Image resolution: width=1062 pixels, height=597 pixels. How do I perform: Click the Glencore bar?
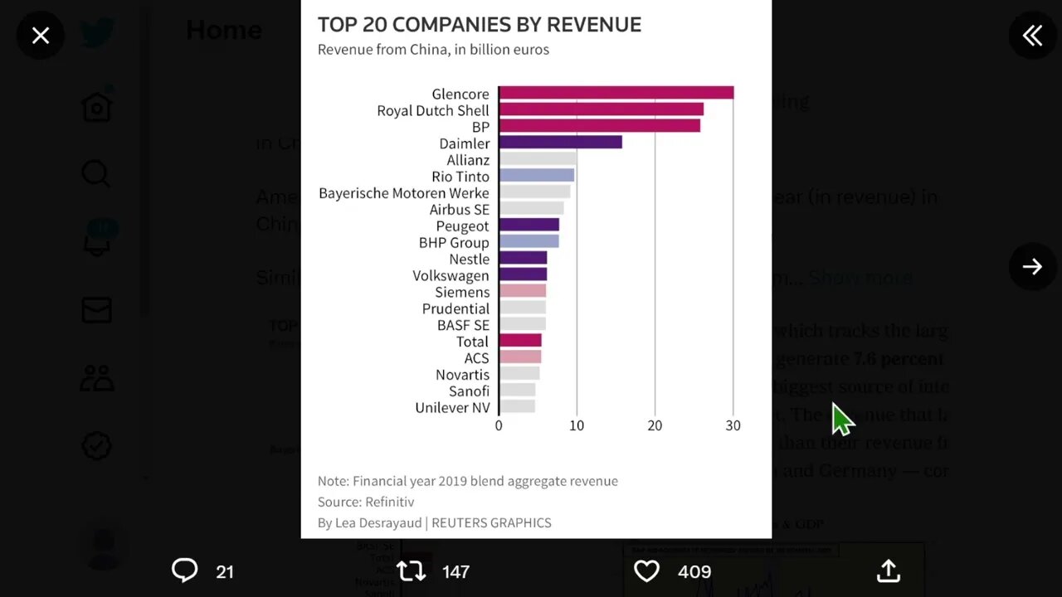[616, 93]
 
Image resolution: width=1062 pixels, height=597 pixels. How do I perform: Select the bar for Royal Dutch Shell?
[601, 109]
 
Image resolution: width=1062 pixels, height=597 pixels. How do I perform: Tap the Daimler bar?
[560, 143]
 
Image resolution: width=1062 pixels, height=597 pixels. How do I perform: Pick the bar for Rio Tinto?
[537, 176]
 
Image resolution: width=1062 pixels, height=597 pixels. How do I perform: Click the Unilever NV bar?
[517, 407]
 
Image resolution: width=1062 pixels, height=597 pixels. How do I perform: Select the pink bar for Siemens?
[523, 292]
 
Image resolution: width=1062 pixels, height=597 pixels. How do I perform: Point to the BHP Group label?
[454, 242]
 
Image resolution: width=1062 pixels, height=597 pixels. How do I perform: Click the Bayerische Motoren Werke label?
[404, 193]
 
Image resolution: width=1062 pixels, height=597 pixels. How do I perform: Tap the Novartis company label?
[462, 375]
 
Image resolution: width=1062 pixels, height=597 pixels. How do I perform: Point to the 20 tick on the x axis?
[655, 425]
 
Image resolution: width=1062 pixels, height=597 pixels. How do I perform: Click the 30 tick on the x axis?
[733, 425]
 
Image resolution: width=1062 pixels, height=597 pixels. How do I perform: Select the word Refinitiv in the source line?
[389, 502]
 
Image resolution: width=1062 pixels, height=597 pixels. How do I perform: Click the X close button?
[41, 36]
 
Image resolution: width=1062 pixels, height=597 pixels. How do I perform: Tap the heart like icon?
[646, 571]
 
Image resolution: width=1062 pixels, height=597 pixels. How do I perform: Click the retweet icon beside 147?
[411, 571]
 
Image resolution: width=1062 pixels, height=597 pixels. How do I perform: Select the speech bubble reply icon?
[184, 570]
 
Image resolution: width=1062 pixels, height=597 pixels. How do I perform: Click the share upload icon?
[889, 570]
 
